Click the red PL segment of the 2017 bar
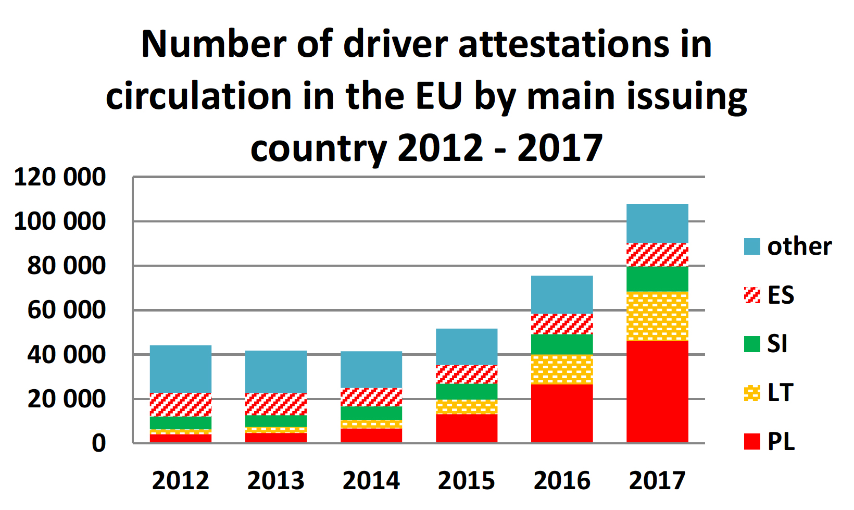(x=657, y=392)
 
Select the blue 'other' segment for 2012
(x=181, y=369)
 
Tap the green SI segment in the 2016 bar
(x=562, y=344)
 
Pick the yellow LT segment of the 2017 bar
(x=657, y=316)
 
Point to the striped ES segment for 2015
(x=467, y=374)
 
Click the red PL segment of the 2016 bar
(x=562, y=414)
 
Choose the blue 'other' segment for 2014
(x=371, y=369)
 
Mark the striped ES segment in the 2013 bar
(x=276, y=404)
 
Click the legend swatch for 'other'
(x=752, y=246)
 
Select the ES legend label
(x=781, y=295)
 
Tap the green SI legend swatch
(x=752, y=344)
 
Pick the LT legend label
(x=780, y=393)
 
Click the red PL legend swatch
(x=752, y=441)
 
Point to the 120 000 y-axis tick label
(x=60, y=177)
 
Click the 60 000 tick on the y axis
(x=66, y=310)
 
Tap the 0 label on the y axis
(x=99, y=443)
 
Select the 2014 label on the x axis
(x=371, y=480)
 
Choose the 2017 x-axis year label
(x=657, y=480)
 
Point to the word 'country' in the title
(x=318, y=148)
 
